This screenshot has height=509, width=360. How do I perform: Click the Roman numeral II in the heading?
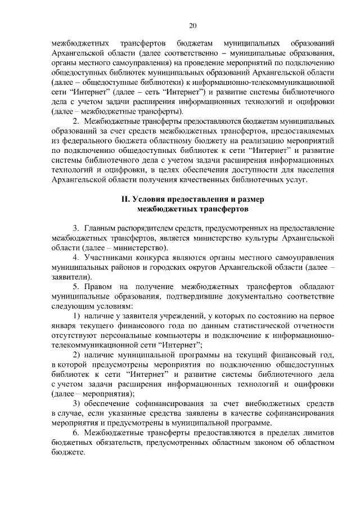(127, 200)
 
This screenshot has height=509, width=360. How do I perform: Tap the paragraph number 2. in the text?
(76, 121)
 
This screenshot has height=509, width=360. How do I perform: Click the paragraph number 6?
(76, 433)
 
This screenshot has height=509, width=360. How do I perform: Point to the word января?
(63, 326)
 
